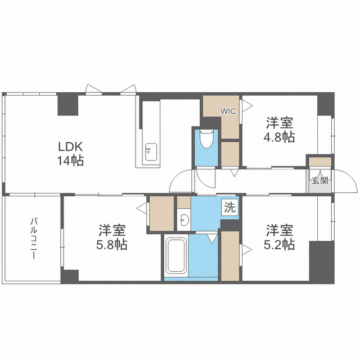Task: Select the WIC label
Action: [228, 110]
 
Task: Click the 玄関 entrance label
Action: [320, 181]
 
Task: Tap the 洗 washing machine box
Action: [229, 206]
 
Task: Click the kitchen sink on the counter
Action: [150, 151]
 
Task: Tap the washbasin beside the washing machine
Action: [183, 219]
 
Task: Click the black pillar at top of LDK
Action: [67, 104]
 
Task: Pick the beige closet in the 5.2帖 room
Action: [229, 255]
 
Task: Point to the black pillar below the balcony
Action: [70, 276]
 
